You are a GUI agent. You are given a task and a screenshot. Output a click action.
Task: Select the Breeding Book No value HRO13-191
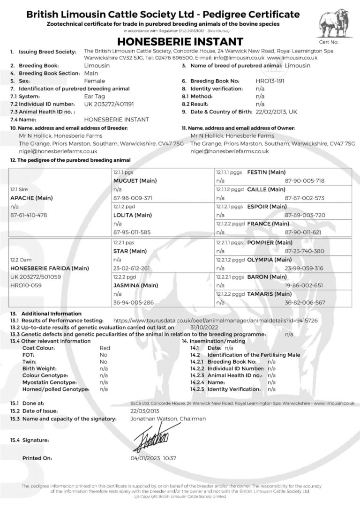click(x=270, y=81)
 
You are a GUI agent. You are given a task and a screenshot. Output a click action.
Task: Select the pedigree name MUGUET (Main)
click(x=135, y=180)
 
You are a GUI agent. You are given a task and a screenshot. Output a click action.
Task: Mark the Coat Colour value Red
click(x=105, y=348)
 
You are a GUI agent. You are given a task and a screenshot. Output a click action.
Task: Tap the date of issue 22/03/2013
click(x=146, y=411)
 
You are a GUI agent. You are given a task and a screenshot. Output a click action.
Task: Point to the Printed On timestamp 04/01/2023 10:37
click(x=153, y=458)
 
